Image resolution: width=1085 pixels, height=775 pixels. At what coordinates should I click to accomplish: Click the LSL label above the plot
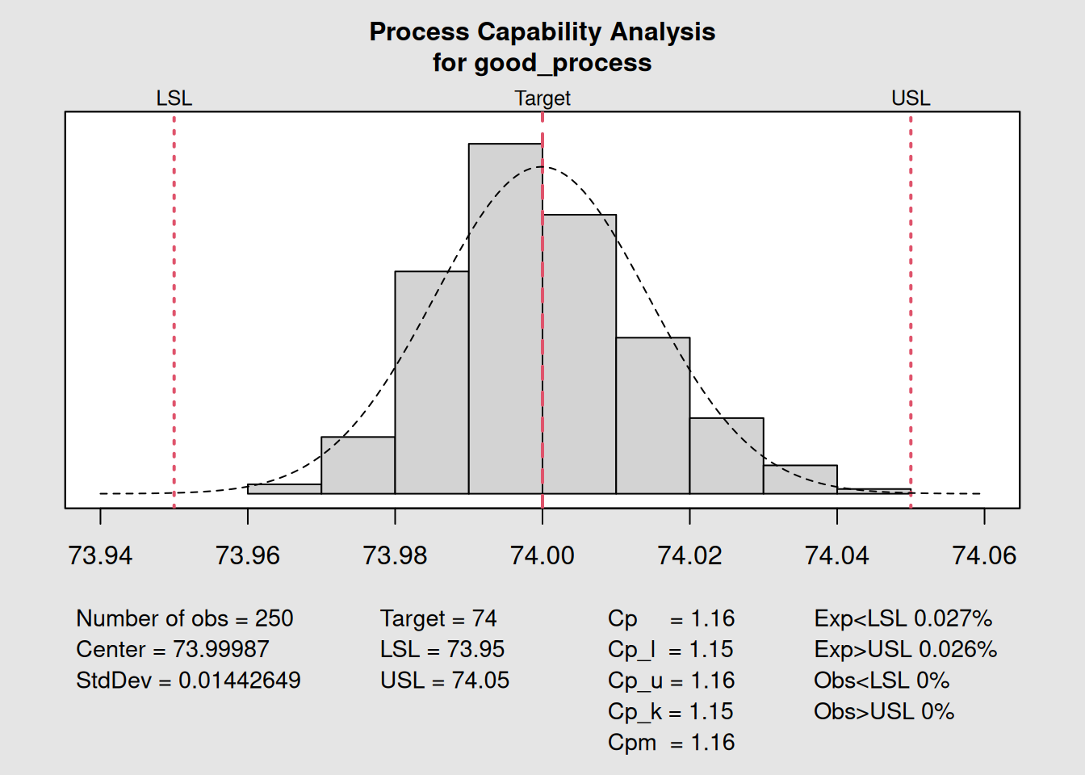coord(174,98)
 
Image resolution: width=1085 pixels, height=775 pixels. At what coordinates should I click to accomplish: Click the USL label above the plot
coord(911,98)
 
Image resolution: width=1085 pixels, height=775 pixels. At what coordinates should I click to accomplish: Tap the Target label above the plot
coord(542,98)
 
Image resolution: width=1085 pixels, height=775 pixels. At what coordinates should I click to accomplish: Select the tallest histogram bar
coord(505,323)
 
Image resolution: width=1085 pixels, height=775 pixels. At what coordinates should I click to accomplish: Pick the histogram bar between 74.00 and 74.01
coord(579,355)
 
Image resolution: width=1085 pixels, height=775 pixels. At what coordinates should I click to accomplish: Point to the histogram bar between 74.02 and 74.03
coord(727,456)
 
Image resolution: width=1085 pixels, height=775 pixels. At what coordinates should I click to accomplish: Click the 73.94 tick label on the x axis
coord(100,555)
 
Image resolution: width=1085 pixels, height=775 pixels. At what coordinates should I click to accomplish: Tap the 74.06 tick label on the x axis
coord(984,555)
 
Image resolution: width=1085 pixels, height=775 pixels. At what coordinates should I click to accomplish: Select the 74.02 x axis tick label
coord(689,555)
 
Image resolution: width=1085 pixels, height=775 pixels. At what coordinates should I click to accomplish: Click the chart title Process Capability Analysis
coord(542,31)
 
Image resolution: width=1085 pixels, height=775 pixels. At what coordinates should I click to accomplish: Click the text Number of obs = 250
coord(185,618)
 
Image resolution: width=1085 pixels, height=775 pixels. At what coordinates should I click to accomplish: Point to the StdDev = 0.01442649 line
coord(188,681)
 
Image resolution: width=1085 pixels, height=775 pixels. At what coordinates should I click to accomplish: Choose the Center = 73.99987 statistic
coord(173,649)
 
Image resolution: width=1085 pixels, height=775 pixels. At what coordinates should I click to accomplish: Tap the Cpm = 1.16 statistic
coord(671,743)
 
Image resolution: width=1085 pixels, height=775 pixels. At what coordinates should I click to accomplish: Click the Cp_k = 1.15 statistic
coord(671,711)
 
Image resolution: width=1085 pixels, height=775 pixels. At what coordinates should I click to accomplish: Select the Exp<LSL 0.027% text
coord(903,618)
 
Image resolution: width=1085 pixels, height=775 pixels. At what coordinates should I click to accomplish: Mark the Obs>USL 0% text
coord(884,711)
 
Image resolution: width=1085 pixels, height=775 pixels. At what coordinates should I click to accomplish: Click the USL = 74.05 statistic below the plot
coord(445,681)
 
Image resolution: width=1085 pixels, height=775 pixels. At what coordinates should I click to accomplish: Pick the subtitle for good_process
coord(542,63)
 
